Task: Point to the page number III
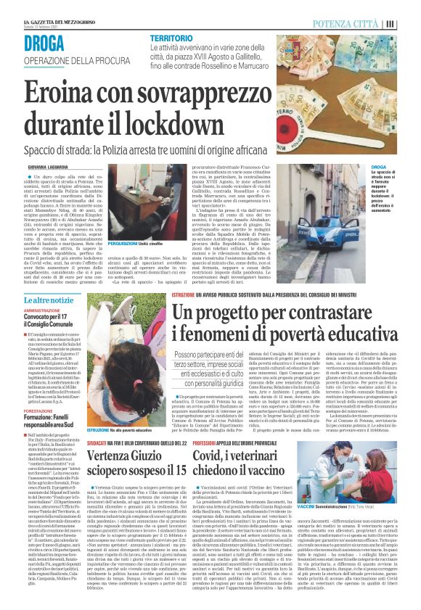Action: (411, 23)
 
